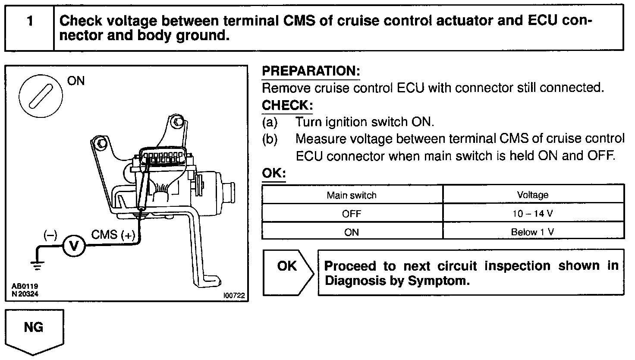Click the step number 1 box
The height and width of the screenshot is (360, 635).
pos(29,28)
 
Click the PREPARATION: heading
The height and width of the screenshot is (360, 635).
pos(311,71)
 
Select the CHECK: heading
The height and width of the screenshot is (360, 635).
pos(287,105)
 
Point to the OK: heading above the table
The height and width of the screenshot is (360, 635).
pos(274,174)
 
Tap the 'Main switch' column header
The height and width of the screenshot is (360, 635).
pos(352,195)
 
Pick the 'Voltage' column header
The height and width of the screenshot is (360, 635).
pos(533,195)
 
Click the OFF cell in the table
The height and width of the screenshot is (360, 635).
pos(352,214)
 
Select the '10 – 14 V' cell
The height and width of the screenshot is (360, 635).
pos(533,214)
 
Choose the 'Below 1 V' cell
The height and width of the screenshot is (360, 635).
pos(533,232)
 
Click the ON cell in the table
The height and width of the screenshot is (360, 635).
pos(352,232)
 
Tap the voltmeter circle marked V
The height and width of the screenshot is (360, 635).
pos(74,246)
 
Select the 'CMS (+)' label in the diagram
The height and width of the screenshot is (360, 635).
pos(113,235)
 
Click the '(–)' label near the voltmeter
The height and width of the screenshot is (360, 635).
pos(50,235)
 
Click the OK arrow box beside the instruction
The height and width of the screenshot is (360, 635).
pos(288,272)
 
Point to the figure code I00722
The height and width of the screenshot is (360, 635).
pos(234,296)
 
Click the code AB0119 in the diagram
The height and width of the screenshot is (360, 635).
pos(24,287)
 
